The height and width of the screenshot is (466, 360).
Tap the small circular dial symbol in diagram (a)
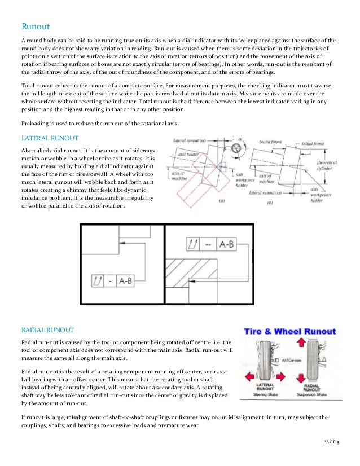[x=234, y=148]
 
